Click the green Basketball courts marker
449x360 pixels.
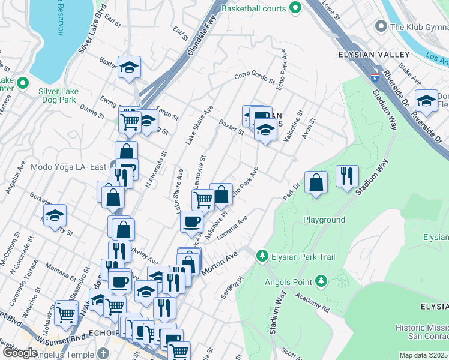click(295, 8)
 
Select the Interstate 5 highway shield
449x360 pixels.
click(375, 77)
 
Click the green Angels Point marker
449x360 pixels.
click(321, 281)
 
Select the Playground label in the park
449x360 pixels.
click(324, 220)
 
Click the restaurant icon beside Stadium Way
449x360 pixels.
click(347, 176)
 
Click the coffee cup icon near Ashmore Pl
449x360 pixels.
click(192, 221)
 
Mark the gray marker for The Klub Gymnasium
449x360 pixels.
click(380, 26)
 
